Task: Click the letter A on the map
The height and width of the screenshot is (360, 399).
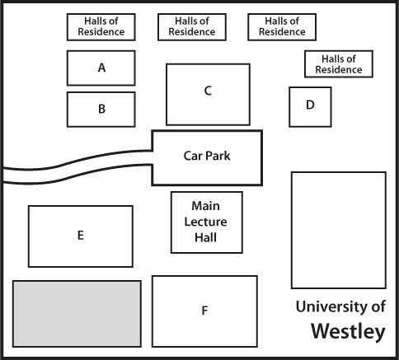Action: click(x=101, y=68)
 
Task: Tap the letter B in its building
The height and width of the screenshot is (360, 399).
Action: click(x=101, y=109)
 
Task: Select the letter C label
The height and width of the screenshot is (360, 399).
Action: click(x=208, y=91)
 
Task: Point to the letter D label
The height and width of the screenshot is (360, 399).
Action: click(x=310, y=105)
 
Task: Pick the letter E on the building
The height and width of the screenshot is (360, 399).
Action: click(x=81, y=236)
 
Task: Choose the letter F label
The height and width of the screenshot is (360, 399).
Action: click(x=204, y=311)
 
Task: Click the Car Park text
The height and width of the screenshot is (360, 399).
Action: click(x=207, y=156)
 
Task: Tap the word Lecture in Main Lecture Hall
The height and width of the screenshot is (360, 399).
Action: click(x=205, y=222)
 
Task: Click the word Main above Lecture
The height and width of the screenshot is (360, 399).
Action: click(x=205, y=206)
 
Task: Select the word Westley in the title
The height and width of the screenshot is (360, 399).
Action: click(x=348, y=331)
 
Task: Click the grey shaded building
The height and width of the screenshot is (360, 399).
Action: click(x=77, y=314)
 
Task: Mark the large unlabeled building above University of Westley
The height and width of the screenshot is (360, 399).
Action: click(x=339, y=231)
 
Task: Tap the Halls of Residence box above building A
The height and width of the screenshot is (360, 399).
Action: click(x=101, y=27)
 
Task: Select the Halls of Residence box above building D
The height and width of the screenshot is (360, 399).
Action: click(x=339, y=64)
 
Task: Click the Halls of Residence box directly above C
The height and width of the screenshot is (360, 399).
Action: click(x=192, y=27)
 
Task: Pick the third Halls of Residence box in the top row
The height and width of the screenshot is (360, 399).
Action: click(x=282, y=27)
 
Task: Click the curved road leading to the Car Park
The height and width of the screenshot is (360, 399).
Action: click(x=77, y=166)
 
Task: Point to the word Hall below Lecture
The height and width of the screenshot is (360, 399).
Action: click(x=205, y=237)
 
